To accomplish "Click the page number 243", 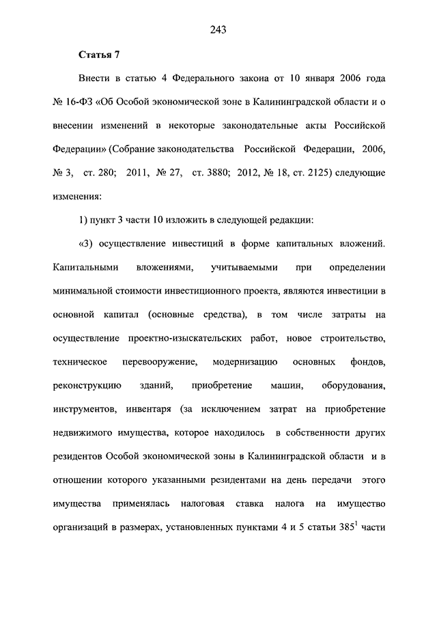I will coord(218,29).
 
